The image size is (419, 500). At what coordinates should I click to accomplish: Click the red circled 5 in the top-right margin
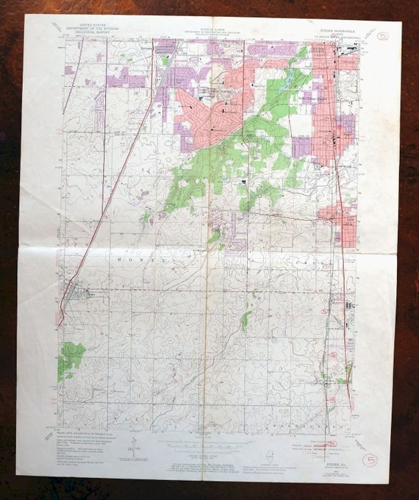(381, 35)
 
